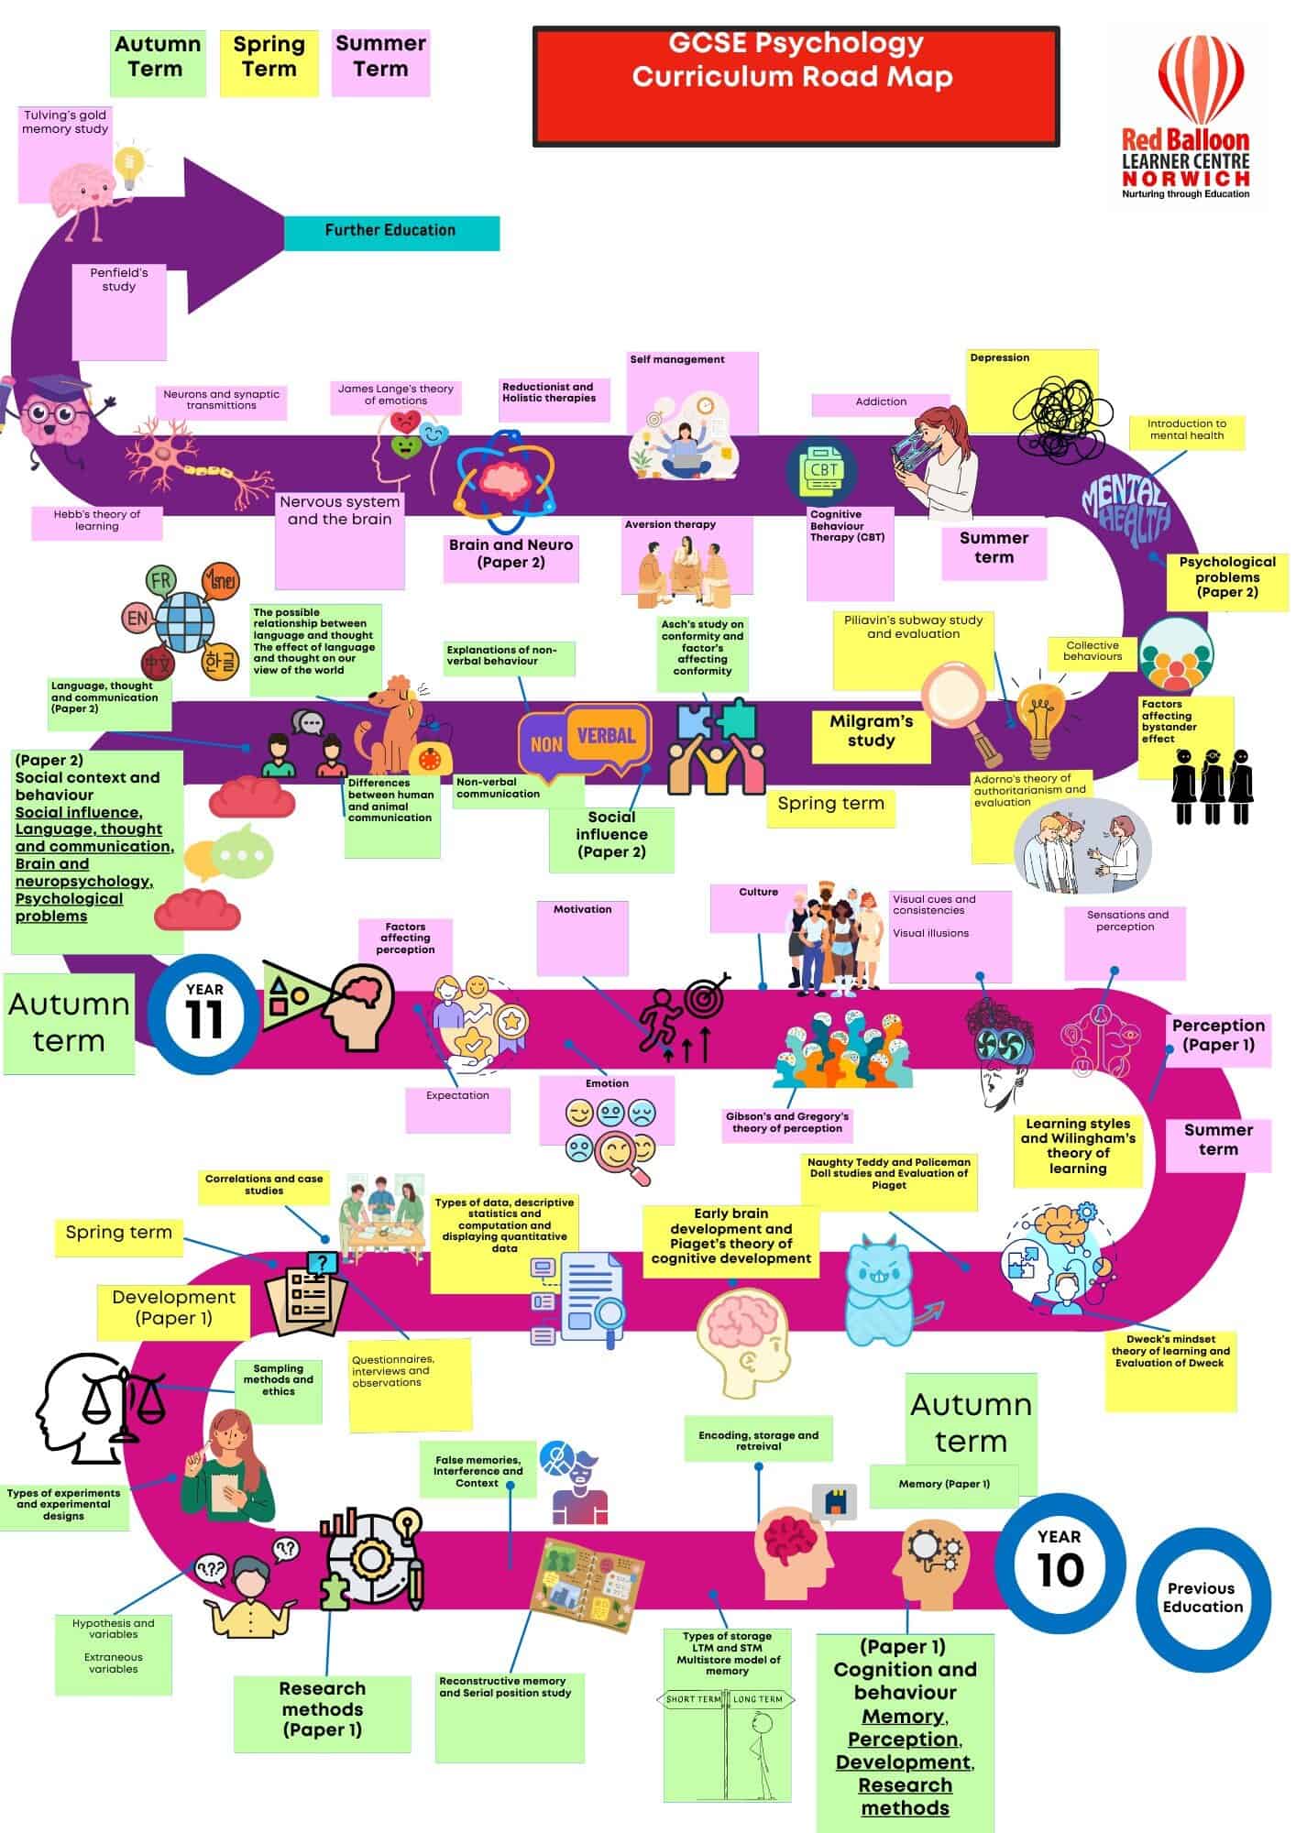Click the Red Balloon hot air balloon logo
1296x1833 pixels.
point(1200,78)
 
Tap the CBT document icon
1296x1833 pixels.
point(822,471)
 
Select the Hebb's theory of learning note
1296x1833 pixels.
point(97,521)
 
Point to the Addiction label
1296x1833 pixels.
point(880,402)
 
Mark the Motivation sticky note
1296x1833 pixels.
point(583,936)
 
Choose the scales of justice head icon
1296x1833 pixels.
point(97,1405)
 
